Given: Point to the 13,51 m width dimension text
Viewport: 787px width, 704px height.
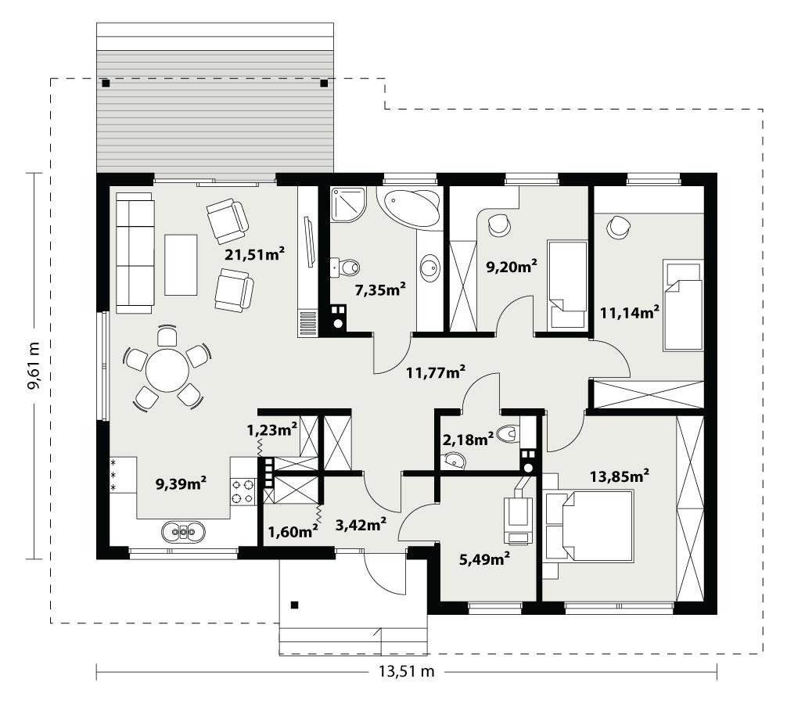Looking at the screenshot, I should point(406,670).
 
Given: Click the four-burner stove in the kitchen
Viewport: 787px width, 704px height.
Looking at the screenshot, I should point(243,490).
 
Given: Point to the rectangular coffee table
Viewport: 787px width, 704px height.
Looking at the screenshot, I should point(181,264).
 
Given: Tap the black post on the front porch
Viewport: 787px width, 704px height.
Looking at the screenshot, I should point(295,604).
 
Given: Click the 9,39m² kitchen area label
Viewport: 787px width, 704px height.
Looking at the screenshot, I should point(181,483).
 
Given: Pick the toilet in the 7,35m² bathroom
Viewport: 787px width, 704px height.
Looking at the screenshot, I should point(344,268).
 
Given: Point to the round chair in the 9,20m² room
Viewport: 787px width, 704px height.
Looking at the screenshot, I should point(498,225).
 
